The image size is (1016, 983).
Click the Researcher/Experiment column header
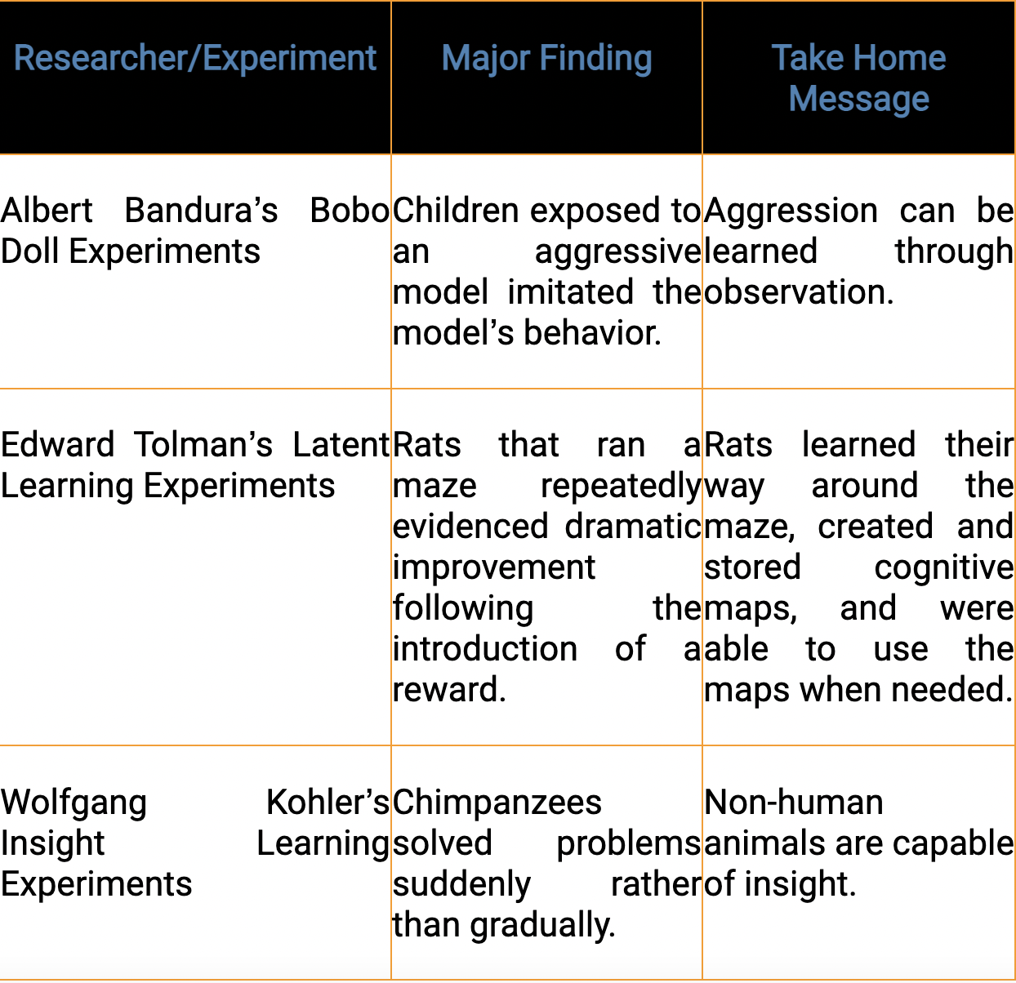194,58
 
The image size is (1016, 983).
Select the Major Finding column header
546,59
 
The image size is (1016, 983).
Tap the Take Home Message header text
859,78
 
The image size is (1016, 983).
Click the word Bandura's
201,211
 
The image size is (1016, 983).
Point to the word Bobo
350,211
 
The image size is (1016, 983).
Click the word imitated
571,291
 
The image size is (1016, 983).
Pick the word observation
798,291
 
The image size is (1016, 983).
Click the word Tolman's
203,445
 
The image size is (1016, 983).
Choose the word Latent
341,445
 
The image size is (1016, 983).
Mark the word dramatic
633,527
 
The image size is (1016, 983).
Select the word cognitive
944,568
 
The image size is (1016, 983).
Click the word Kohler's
328,802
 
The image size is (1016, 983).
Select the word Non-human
794,802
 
